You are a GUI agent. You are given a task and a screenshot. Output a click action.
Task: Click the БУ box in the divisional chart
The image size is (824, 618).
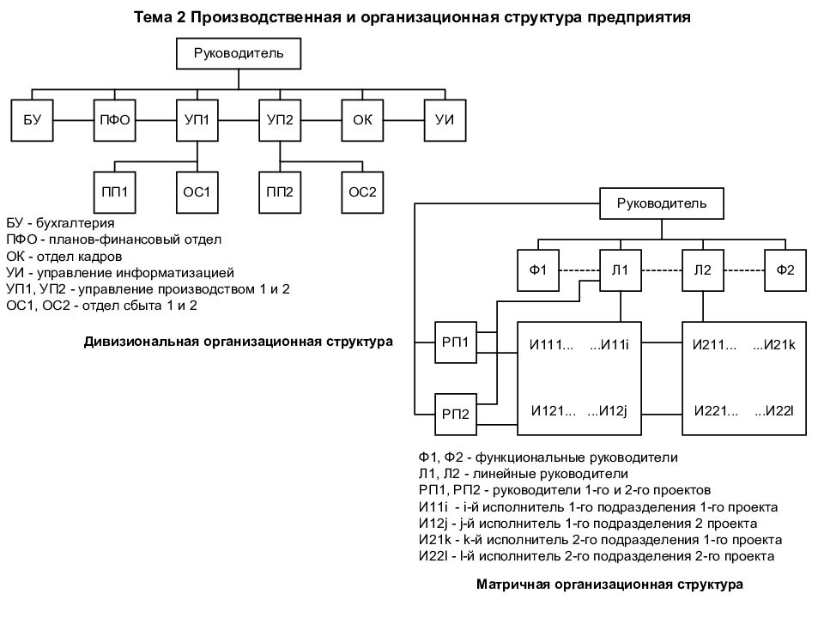tap(32, 120)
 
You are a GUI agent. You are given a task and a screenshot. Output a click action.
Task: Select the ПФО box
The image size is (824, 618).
tap(114, 120)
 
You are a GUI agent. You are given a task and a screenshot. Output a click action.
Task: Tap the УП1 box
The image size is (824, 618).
tap(197, 120)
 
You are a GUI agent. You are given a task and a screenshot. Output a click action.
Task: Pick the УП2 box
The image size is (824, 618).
tap(280, 120)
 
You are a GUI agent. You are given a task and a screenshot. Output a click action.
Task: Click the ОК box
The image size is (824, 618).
tap(362, 120)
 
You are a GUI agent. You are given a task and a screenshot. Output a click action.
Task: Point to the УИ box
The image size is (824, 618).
tap(445, 120)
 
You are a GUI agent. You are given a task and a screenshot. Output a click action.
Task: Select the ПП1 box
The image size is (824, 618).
tap(114, 192)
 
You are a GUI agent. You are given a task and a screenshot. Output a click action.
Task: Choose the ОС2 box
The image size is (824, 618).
tap(362, 192)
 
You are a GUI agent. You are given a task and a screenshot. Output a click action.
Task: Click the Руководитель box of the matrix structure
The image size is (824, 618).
tap(662, 203)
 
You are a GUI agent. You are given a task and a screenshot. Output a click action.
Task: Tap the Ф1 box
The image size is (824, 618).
tap(538, 270)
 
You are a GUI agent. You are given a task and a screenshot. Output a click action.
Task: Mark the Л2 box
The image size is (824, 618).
tap(703, 270)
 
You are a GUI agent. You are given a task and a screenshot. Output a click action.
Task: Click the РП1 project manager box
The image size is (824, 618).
tap(456, 342)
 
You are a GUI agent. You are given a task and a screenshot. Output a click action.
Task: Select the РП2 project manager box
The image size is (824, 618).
tap(456, 415)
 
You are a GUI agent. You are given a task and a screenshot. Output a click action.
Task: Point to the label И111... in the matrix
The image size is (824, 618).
tap(552, 345)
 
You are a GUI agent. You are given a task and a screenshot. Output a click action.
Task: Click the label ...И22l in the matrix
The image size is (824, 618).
tap(774, 411)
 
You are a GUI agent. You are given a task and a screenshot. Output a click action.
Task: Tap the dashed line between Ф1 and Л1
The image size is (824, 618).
tap(579, 270)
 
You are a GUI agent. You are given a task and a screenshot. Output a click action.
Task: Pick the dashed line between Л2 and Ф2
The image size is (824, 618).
tap(745, 270)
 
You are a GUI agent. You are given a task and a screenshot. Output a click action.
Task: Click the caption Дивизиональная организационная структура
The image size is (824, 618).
tap(238, 342)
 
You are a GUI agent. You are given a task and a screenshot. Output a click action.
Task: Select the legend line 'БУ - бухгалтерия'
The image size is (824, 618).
tap(60, 223)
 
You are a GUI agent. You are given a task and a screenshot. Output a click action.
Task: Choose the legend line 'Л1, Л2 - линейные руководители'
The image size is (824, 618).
tap(524, 474)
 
